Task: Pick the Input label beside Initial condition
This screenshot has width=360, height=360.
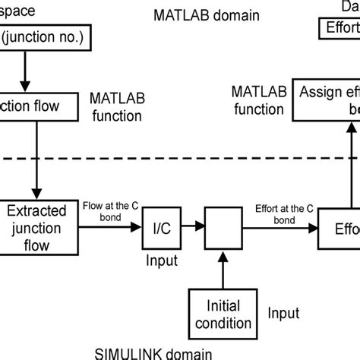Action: (x=283, y=311)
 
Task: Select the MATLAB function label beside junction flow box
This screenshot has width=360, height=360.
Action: (x=115, y=107)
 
